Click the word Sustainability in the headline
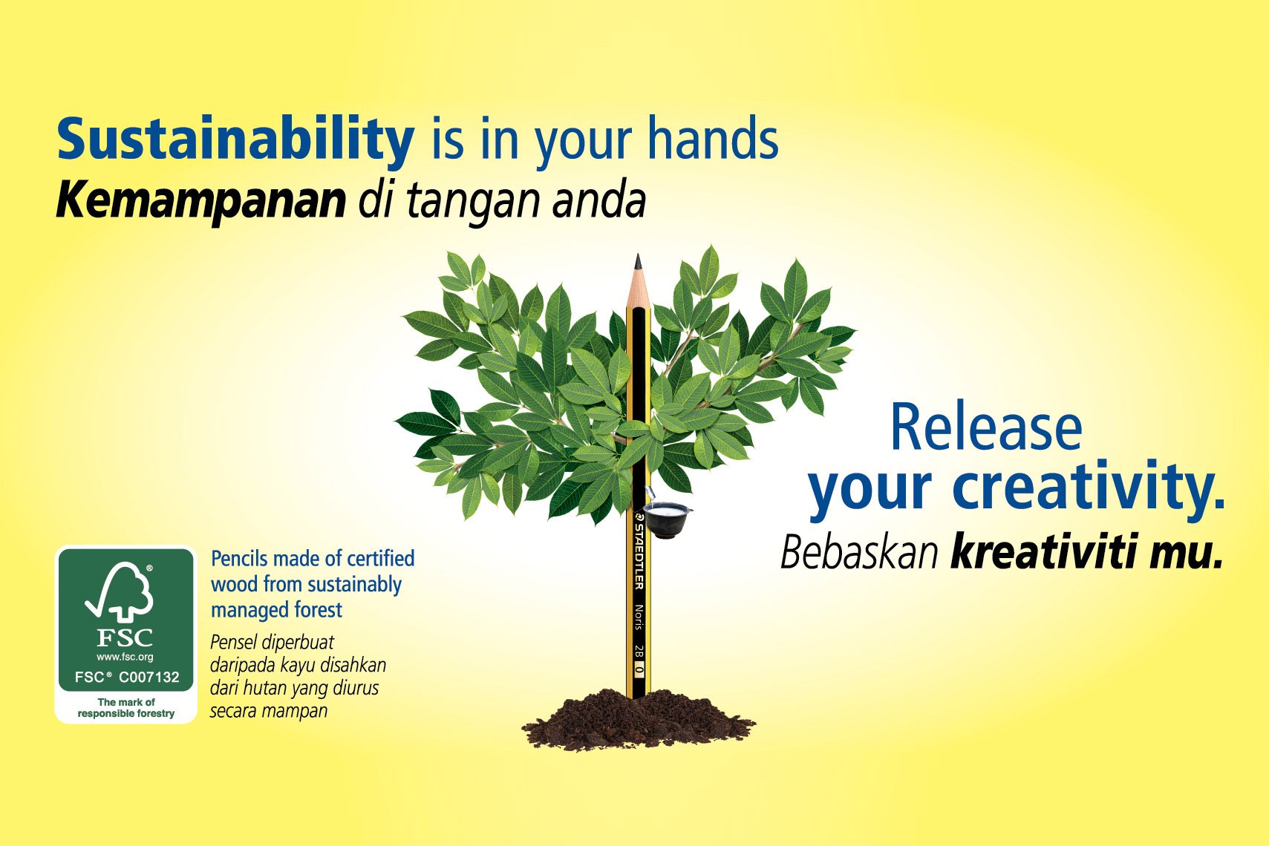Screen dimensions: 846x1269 [x=235, y=139]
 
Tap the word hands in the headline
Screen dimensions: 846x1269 [x=713, y=139]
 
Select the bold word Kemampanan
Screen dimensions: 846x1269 [x=201, y=200]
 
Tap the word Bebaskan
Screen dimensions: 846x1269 [x=859, y=553]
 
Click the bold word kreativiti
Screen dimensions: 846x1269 [x=1045, y=553]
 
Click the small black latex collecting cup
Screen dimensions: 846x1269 [x=666, y=519]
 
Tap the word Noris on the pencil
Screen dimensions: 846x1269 [x=638, y=617]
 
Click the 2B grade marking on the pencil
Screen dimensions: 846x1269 [x=638, y=652]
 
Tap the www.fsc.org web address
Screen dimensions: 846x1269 [x=125, y=657]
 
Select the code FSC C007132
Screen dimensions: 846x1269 [x=127, y=677]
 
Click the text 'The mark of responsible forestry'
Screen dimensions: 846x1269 [x=126, y=707]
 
